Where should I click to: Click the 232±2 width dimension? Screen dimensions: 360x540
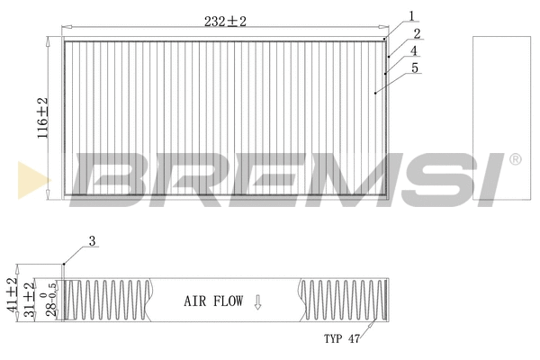coord(225,21)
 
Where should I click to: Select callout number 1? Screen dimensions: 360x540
coord(411,14)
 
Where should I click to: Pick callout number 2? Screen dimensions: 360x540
coord(417,35)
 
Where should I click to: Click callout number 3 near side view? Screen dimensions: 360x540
coord(92,240)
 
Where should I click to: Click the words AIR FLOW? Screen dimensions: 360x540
coord(213,301)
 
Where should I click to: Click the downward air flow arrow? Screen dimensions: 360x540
coord(257,301)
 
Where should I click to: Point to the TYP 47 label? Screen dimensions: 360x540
coord(342,339)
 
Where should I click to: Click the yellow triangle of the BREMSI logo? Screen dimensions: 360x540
coord(33,180)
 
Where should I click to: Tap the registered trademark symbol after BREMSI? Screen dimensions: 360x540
coord(515,159)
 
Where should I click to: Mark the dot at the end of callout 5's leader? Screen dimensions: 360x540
coord(373,92)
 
